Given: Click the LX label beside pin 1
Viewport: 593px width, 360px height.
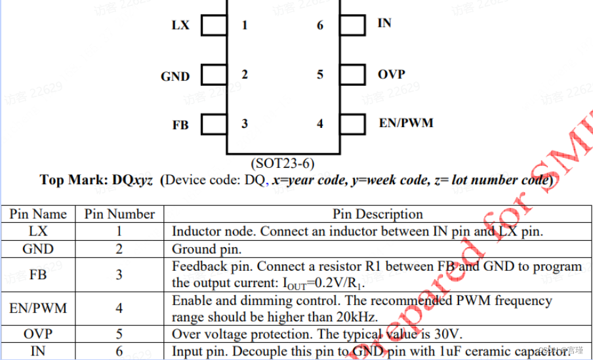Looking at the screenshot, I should coord(180,26).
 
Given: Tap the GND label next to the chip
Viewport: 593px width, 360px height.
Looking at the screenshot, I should coord(175,77).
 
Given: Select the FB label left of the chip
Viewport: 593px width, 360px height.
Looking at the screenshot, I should coord(180,125).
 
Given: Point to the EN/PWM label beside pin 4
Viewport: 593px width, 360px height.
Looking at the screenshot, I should coord(406,123).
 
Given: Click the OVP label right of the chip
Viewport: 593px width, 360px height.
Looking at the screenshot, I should coord(391,74).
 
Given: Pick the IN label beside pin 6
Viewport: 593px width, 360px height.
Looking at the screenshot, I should coord(384,23).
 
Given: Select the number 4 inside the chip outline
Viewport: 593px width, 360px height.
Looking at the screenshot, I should coord(320,123).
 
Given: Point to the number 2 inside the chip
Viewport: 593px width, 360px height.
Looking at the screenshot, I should coord(245,75).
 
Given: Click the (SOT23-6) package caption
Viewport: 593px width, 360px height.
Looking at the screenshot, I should coord(283,162).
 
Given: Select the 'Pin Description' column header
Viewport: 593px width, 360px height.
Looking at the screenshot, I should coord(378,214).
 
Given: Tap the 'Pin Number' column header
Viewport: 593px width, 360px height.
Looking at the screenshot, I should coord(119,214).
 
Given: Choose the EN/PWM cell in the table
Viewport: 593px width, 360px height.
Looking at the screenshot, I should coord(38,308).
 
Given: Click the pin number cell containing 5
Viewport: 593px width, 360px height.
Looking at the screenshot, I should coord(119,334).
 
